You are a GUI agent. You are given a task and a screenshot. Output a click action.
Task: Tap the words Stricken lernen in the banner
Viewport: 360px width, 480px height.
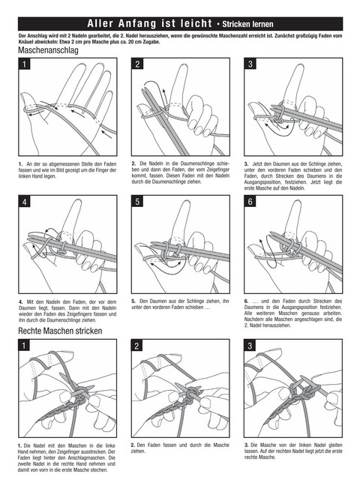click(x=247, y=24)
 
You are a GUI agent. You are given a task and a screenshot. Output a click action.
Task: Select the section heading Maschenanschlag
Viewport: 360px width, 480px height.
click(x=48, y=50)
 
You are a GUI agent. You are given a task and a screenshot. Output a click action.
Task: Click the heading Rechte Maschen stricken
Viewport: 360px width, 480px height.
click(x=60, y=331)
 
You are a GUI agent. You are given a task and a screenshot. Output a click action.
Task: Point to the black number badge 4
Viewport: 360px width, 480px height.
click(x=24, y=202)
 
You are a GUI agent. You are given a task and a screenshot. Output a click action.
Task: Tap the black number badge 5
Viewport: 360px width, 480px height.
click(x=137, y=202)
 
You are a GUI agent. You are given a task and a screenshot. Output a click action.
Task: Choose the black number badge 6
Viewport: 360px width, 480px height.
click(x=250, y=202)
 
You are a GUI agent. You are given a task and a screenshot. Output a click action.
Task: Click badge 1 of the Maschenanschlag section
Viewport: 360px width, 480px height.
click(x=24, y=64)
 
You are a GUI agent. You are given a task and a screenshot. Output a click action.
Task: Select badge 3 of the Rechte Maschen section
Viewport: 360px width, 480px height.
click(x=250, y=345)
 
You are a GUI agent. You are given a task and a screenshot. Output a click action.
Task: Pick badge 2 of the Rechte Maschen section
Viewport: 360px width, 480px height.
click(x=136, y=345)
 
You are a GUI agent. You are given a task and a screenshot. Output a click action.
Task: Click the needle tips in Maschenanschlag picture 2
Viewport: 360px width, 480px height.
click(x=144, y=90)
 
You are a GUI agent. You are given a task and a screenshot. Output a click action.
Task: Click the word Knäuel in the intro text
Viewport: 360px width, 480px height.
click(x=25, y=42)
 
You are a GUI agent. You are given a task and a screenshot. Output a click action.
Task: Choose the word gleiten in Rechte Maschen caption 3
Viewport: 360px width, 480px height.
click(x=334, y=445)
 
